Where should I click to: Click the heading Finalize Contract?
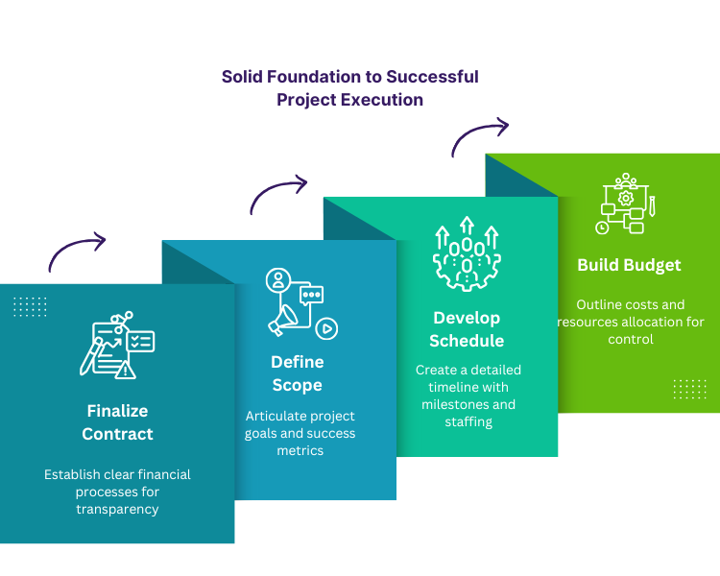(x=117, y=422)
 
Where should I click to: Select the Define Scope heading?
(x=297, y=373)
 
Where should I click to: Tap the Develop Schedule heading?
(x=467, y=329)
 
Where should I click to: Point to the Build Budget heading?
(x=629, y=265)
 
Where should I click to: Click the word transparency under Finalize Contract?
(x=117, y=509)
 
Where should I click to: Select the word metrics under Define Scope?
(x=300, y=450)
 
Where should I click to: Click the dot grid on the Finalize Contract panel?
(x=30, y=306)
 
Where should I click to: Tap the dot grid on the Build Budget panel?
(x=689, y=388)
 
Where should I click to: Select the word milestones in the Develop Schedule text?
(x=457, y=404)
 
